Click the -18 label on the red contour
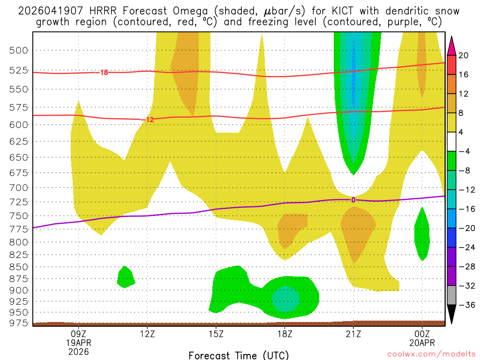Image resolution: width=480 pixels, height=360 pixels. point(103,73)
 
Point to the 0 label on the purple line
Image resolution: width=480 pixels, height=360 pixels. point(353,200)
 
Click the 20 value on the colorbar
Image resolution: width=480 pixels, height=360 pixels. point(464,55)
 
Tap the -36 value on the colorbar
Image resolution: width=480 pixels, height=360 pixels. point(465,305)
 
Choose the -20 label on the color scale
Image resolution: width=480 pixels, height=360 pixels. point(465,228)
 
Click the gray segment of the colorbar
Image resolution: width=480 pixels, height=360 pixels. point(451,295)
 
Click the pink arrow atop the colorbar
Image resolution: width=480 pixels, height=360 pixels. point(451,46)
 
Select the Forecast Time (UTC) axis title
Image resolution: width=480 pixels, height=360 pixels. point(239,355)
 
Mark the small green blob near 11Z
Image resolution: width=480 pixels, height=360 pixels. point(126,277)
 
